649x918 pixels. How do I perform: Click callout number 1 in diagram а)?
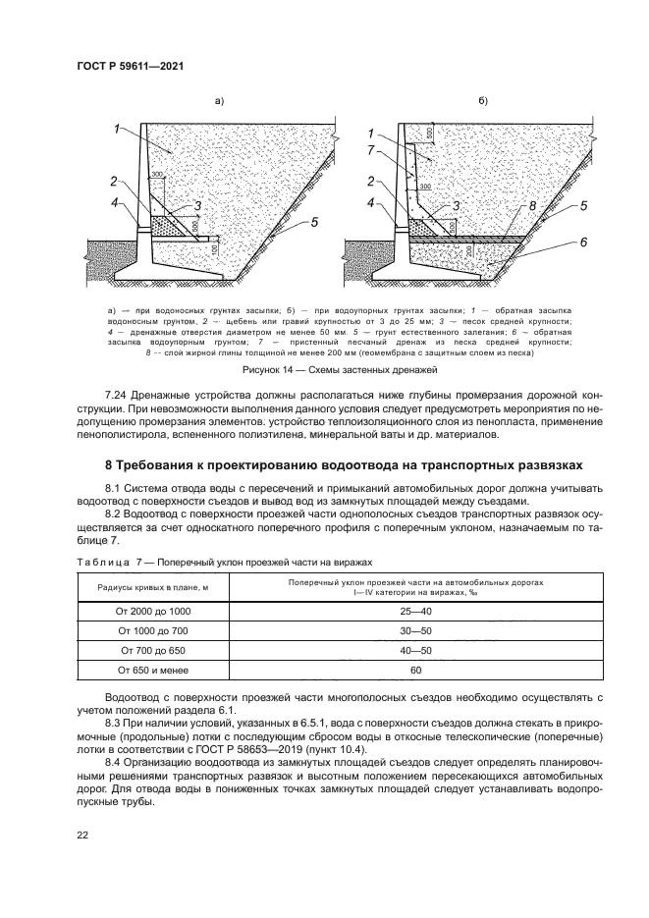coord(116,129)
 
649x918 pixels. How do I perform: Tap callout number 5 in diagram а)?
coord(315,223)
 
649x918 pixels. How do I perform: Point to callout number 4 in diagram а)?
coord(115,203)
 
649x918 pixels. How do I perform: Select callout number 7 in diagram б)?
coord(370,149)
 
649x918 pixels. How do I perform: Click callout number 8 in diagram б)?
coord(531,206)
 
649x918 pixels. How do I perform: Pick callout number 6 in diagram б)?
coord(583,243)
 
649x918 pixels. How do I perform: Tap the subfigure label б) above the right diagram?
coord(483,100)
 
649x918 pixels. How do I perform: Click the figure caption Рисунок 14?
coord(324,370)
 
